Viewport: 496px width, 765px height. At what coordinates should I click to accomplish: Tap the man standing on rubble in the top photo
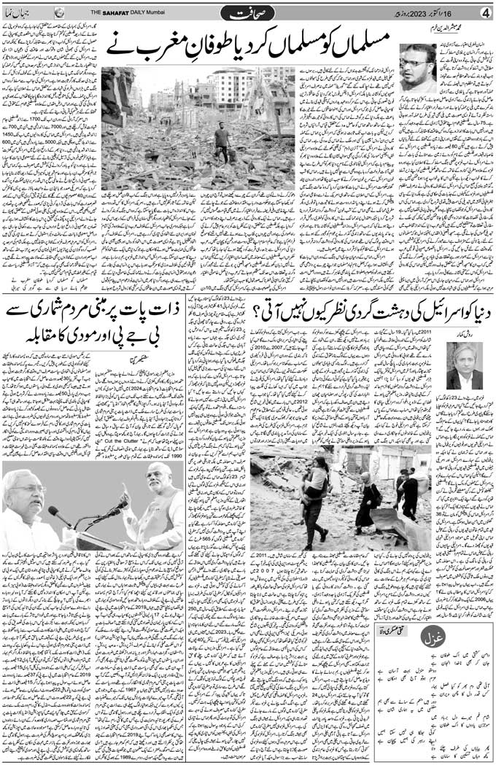(218, 141)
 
